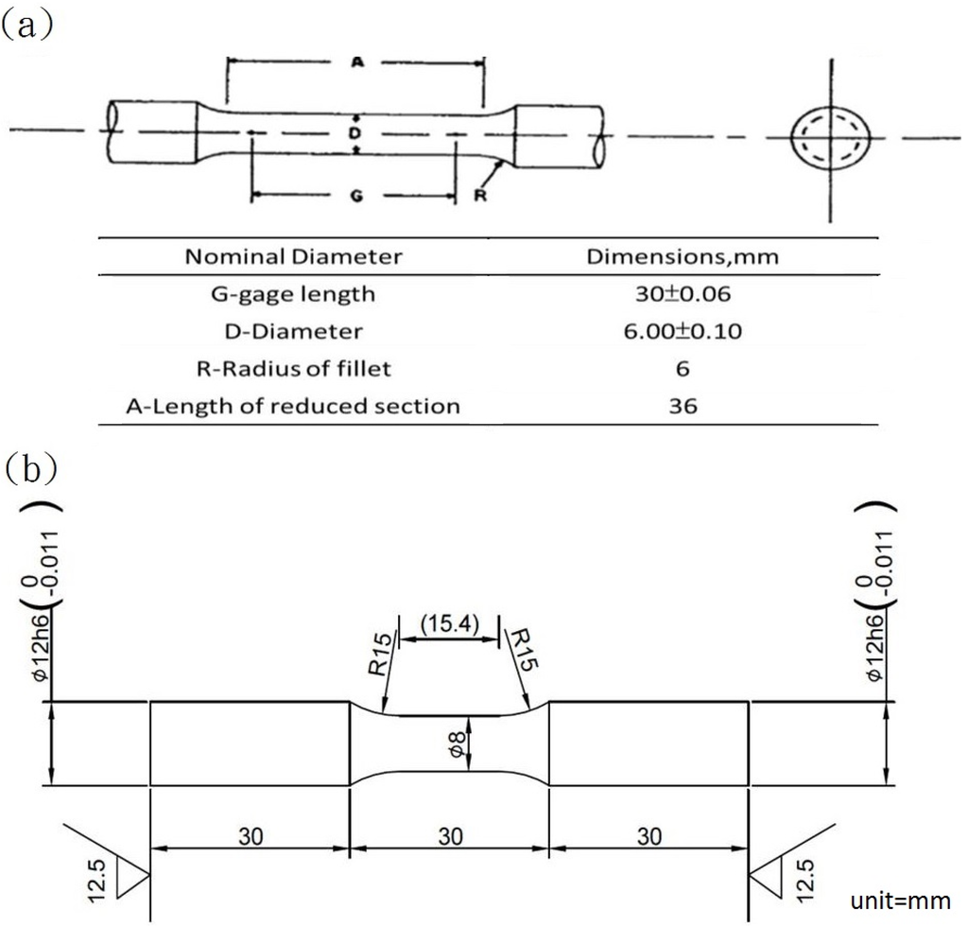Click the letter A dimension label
pyautogui.click(x=356, y=62)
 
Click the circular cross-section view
pyautogui.click(x=831, y=137)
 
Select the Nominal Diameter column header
pyautogui.click(x=293, y=256)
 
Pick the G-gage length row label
pyautogui.click(x=293, y=294)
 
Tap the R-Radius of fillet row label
pyautogui.click(x=293, y=369)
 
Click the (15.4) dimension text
pyautogui.click(x=447, y=623)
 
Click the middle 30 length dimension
pyautogui.click(x=449, y=836)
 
